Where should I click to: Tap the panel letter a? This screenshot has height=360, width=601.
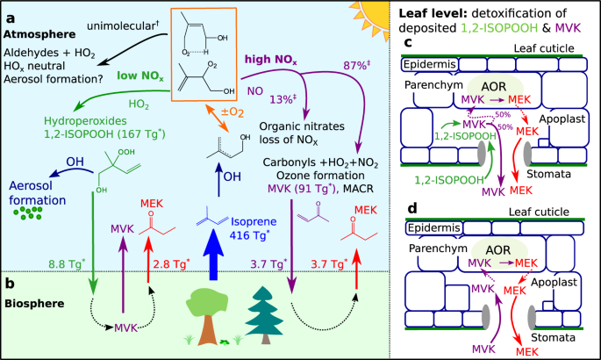click(x=12, y=13)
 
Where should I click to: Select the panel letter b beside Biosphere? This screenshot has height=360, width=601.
click(x=11, y=283)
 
